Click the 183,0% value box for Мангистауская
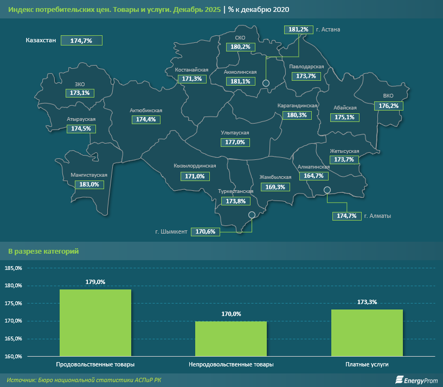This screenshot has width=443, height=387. [88, 184]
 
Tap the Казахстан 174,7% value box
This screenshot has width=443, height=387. [81, 41]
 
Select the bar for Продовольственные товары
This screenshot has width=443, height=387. [95, 322]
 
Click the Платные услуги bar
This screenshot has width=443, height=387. [367, 332]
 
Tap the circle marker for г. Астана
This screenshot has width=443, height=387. [266, 83]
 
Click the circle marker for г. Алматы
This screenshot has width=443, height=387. [327, 190]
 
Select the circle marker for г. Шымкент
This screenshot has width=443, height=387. [252, 215]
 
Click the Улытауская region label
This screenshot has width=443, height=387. [235, 133]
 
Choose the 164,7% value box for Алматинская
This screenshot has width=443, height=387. [314, 176]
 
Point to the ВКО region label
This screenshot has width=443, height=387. [388, 96]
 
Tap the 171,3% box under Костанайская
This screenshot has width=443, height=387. [192, 79]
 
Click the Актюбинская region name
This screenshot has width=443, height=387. [146, 111]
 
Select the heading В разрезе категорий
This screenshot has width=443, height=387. [43, 251]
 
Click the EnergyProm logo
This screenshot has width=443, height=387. [416, 380]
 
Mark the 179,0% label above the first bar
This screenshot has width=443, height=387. [95, 282]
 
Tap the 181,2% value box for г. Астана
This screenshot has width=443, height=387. [298, 29]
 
